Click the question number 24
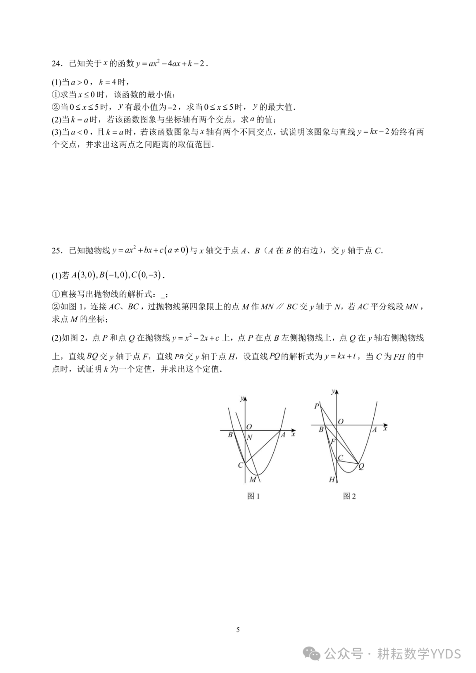coord(56,63)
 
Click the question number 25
coord(56,251)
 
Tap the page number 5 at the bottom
coord(238,629)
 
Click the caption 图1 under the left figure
coord(253,496)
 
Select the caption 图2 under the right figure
coord(350,496)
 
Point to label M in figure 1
coord(253,480)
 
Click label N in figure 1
coord(249,438)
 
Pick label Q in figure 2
coord(361,467)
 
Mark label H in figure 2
coord(332,480)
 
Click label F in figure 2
coord(333,441)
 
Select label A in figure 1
coord(283,435)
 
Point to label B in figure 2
coord(321,429)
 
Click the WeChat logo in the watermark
coord(313,654)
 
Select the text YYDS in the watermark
coord(446,654)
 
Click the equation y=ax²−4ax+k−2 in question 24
coord(171,63)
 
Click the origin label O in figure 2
coord(341,422)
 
